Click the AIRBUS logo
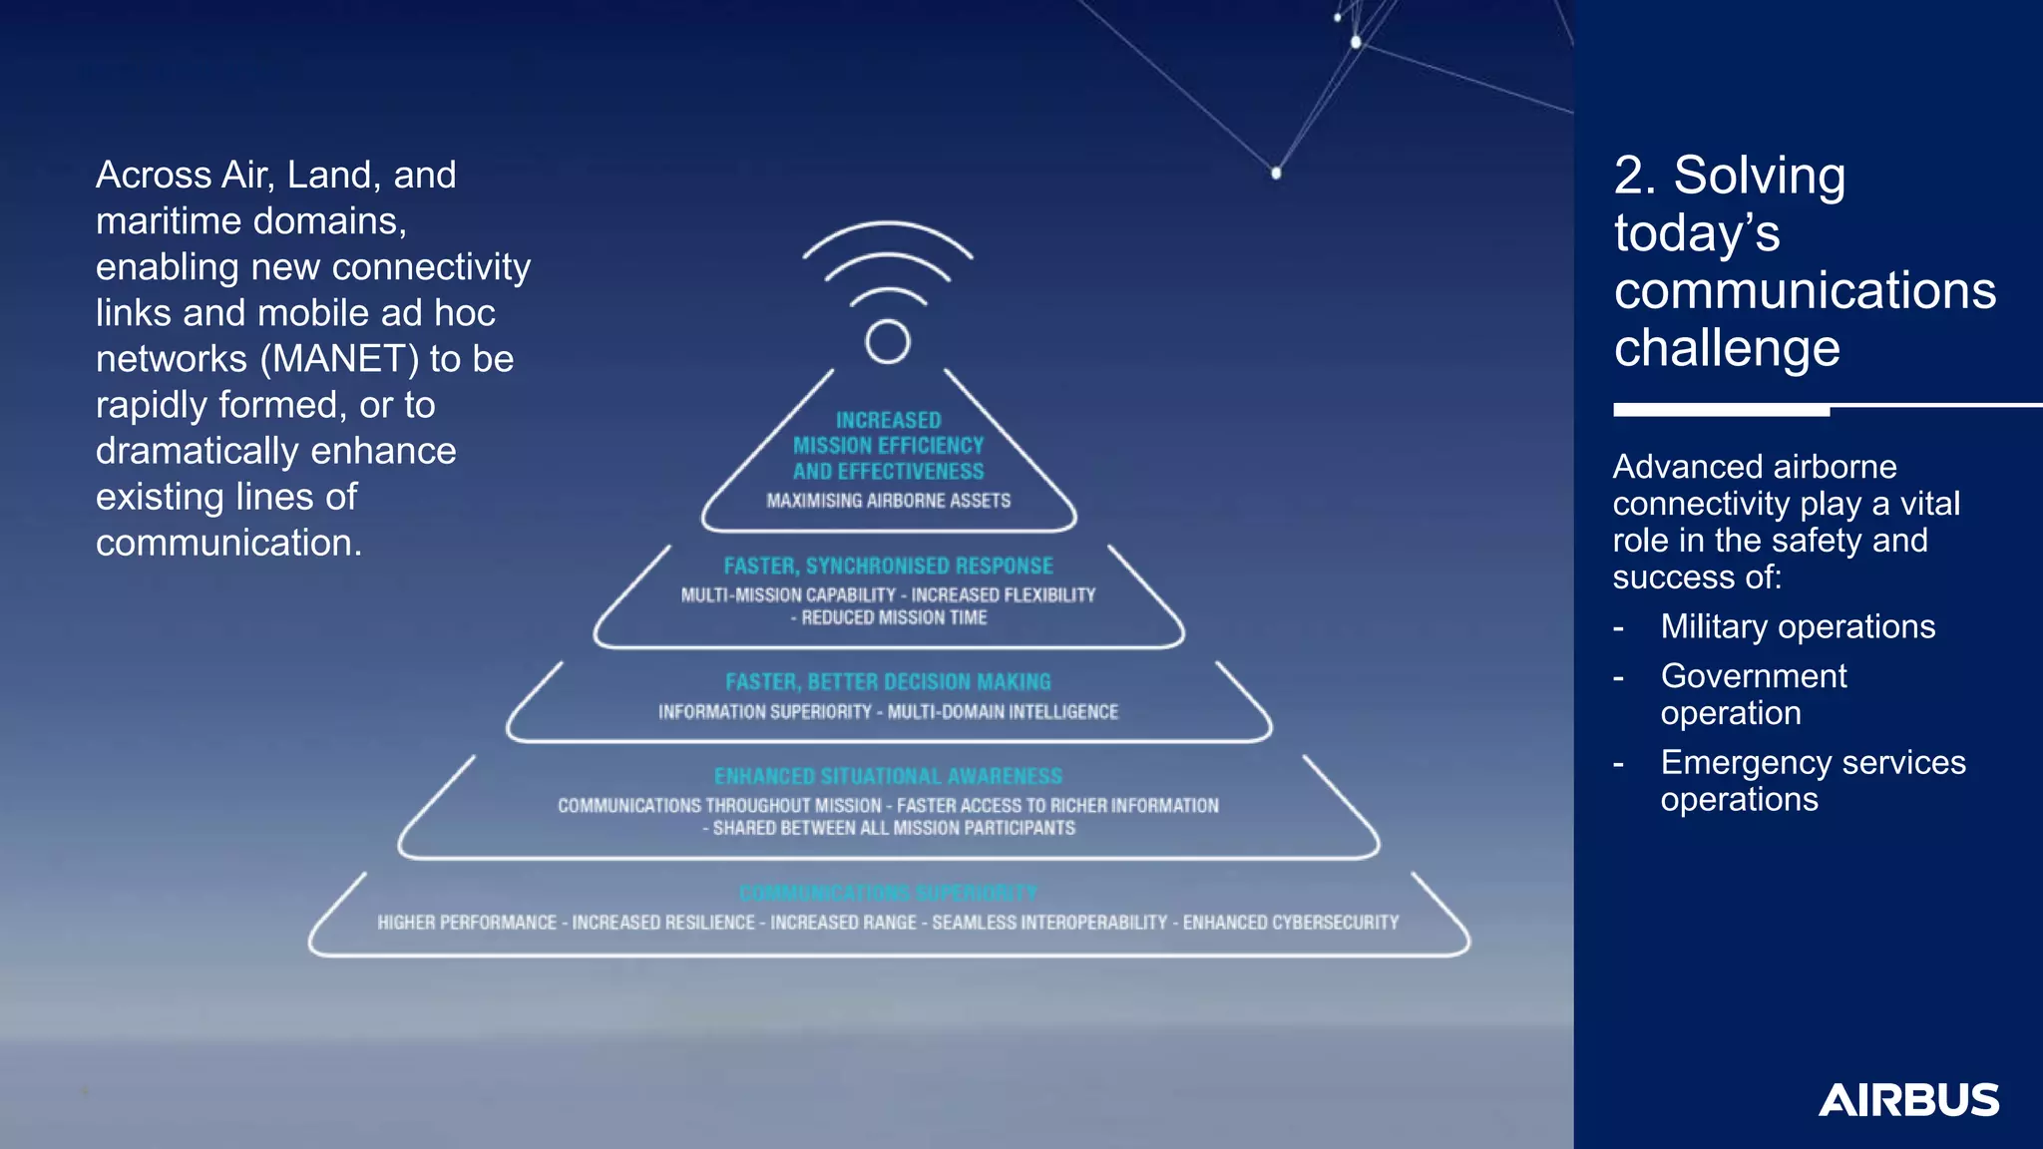pyautogui.click(x=1908, y=1100)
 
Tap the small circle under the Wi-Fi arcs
pyautogui.click(x=887, y=342)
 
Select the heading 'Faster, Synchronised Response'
pyautogui.click(x=888, y=567)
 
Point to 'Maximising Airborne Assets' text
pyautogui.click(x=888, y=501)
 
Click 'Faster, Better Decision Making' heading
pyautogui.click(x=888, y=682)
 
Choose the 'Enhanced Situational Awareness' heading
pyautogui.click(x=888, y=776)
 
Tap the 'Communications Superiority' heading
pyautogui.click(x=888, y=893)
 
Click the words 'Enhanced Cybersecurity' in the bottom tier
pyautogui.click(x=1291, y=923)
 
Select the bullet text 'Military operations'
pyautogui.click(x=1798, y=626)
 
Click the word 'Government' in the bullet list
pyautogui.click(x=1754, y=676)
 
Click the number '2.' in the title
pyautogui.click(x=1635, y=176)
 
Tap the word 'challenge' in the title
pyautogui.click(x=1727, y=348)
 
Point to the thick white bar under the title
pyautogui.click(x=1721, y=410)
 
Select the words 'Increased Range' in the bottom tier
pyautogui.click(x=843, y=923)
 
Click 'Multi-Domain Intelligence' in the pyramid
pyautogui.click(x=1003, y=712)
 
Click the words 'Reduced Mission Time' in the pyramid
pyautogui.click(x=894, y=618)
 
